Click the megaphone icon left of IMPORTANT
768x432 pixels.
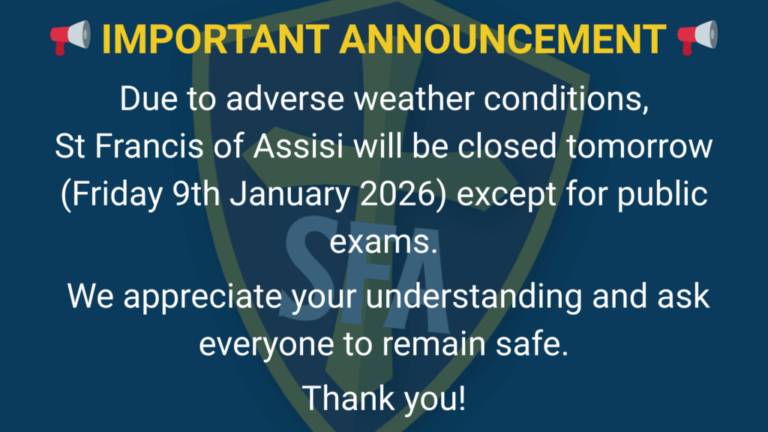[70, 37]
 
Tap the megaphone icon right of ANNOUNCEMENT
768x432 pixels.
[697, 37]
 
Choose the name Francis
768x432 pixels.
[149, 146]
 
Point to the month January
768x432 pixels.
[290, 194]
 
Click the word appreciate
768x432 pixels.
[202, 297]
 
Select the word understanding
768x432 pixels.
[474, 297]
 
